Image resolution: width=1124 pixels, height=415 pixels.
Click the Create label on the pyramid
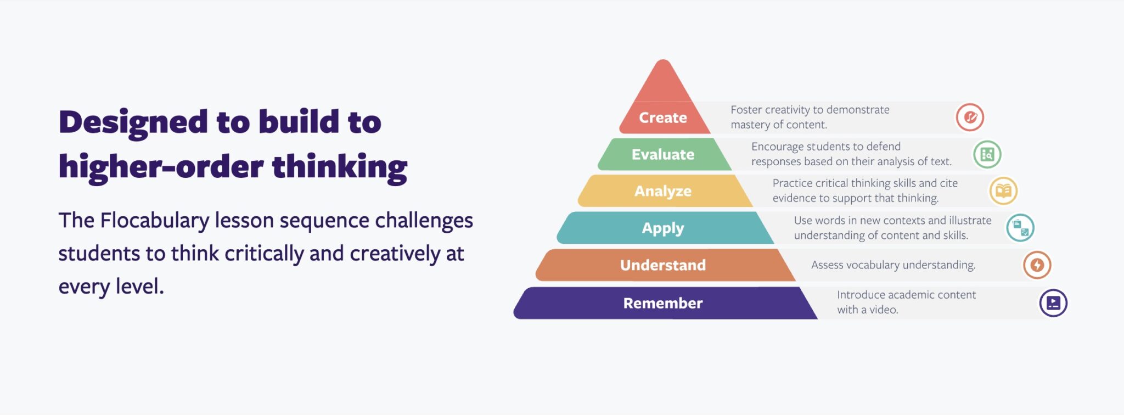(x=662, y=117)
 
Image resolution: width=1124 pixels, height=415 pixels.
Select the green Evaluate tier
(x=662, y=154)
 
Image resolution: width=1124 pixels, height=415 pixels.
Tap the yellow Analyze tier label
(x=662, y=191)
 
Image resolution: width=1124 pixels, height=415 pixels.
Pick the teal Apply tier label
(x=662, y=228)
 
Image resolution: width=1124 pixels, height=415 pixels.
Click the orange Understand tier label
(x=662, y=265)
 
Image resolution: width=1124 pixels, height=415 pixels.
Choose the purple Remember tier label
(x=662, y=303)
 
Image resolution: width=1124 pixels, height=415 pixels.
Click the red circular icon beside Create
(x=970, y=117)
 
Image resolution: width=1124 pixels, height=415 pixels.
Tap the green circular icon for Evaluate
(x=987, y=154)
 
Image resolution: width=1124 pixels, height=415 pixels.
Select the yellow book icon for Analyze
(x=1003, y=191)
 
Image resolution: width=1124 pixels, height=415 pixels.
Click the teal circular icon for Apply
(x=1020, y=228)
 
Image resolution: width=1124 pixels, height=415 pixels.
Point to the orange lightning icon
(x=1037, y=265)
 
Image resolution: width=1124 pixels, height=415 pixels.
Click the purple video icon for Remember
(x=1053, y=303)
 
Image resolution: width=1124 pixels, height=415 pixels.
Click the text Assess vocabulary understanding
(x=893, y=265)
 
